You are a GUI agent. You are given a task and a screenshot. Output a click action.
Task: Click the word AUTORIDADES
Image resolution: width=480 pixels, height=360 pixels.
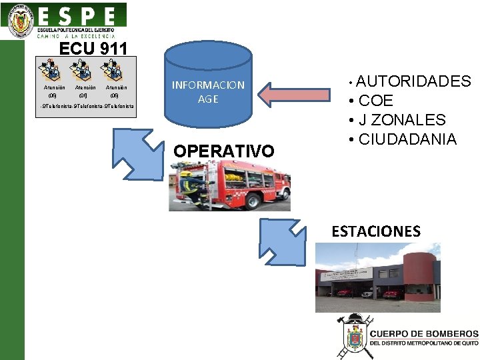tap(414, 82)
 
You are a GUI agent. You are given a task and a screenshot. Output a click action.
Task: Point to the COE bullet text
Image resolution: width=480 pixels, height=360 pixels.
tap(376, 101)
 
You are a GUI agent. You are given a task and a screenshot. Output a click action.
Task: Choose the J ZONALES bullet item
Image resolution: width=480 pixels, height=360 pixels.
tap(402, 121)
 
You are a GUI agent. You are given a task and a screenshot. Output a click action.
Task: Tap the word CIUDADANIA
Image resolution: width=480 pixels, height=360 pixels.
tap(407, 140)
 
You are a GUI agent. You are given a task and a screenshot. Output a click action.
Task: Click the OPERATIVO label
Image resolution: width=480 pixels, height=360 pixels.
tap(223, 151)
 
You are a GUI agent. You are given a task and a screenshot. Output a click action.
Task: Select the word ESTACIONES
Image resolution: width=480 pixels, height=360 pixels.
tap(376, 232)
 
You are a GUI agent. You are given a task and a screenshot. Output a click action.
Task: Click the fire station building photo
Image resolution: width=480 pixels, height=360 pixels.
tap(377, 277)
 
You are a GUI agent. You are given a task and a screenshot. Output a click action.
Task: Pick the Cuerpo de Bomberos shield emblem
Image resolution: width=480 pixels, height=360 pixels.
tap(353, 337)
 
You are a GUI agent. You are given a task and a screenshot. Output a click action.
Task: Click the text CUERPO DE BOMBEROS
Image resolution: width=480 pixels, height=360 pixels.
tap(423, 333)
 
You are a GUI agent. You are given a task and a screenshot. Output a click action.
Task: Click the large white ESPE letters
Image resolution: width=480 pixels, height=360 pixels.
tap(77, 16)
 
